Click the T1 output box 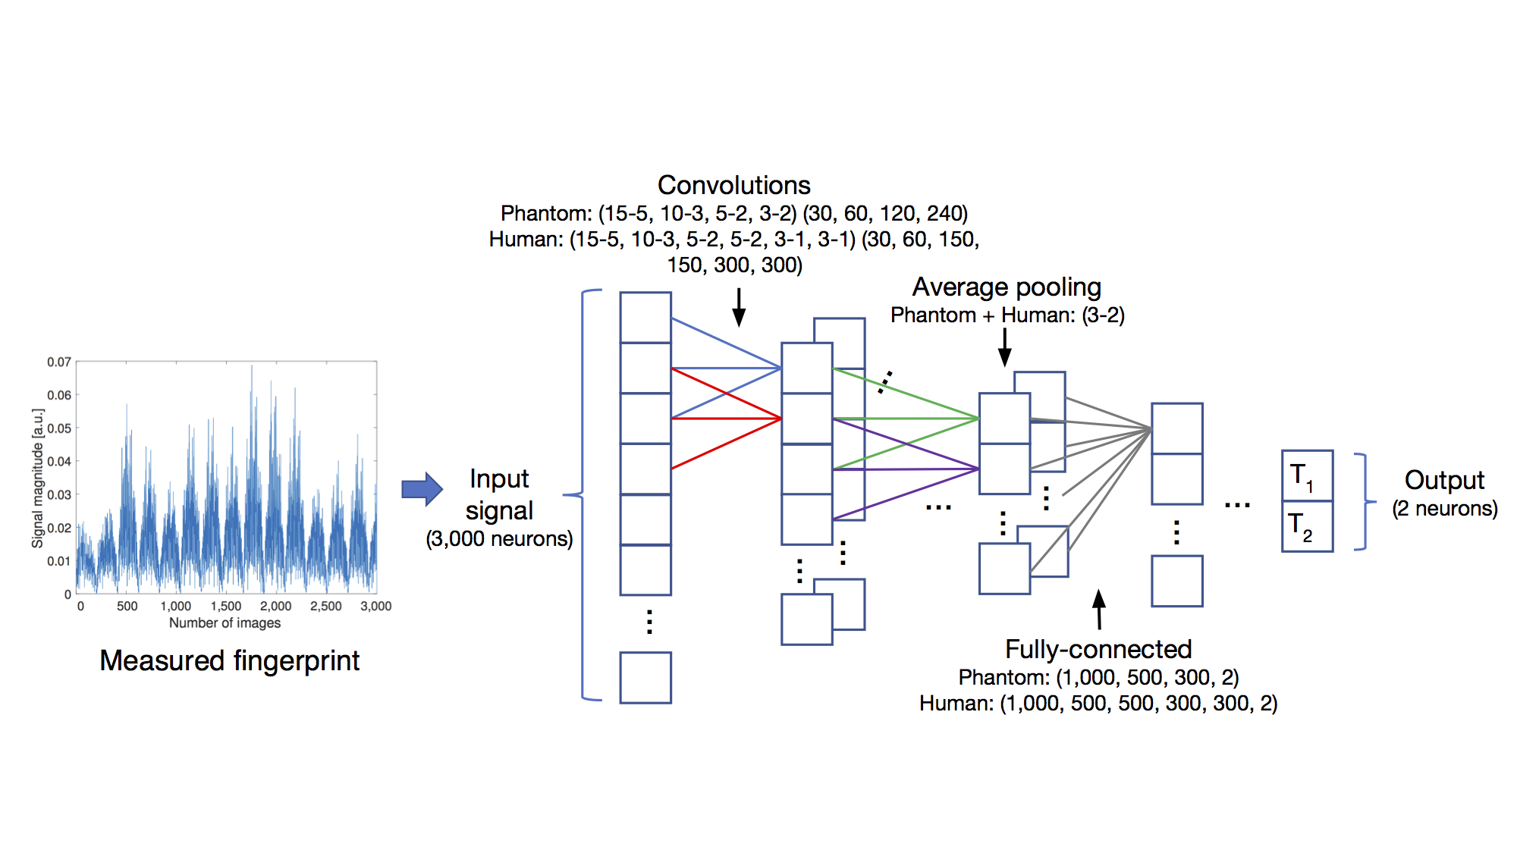click(x=1306, y=475)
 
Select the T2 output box click(x=1306, y=526)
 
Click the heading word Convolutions click(x=733, y=185)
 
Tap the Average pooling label click(x=1006, y=287)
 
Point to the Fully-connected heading click(x=1098, y=649)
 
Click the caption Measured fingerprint click(x=229, y=660)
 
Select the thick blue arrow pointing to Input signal click(x=422, y=489)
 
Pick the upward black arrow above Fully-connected click(x=1099, y=610)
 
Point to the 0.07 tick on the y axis click(x=59, y=362)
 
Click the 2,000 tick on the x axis click(x=275, y=606)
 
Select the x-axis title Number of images click(x=225, y=623)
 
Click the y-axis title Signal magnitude click(x=38, y=478)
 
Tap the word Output click(x=1444, y=480)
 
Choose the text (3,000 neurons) click(x=499, y=539)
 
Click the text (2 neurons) click(x=1444, y=509)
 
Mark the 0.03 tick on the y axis click(x=59, y=495)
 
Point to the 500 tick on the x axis click(x=127, y=606)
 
